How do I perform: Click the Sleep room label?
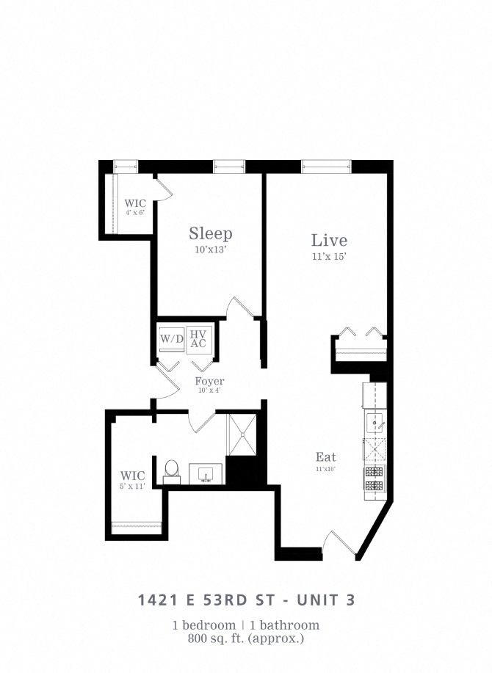tap(211, 234)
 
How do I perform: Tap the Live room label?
tap(328, 240)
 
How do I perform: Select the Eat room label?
tap(325, 457)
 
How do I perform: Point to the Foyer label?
tap(209, 382)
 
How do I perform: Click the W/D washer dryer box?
tap(171, 340)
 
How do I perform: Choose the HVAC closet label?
tap(198, 339)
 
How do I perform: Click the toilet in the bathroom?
tap(172, 470)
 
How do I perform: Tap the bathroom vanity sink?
tap(206, 474)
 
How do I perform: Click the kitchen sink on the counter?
tap(375, 422)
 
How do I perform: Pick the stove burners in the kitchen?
tap(375, 479)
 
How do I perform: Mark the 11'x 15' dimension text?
tap(328, 257)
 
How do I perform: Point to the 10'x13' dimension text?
tap(210, 250)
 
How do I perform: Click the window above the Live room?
tap(327, 167)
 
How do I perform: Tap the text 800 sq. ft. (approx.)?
tap(246, 639)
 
